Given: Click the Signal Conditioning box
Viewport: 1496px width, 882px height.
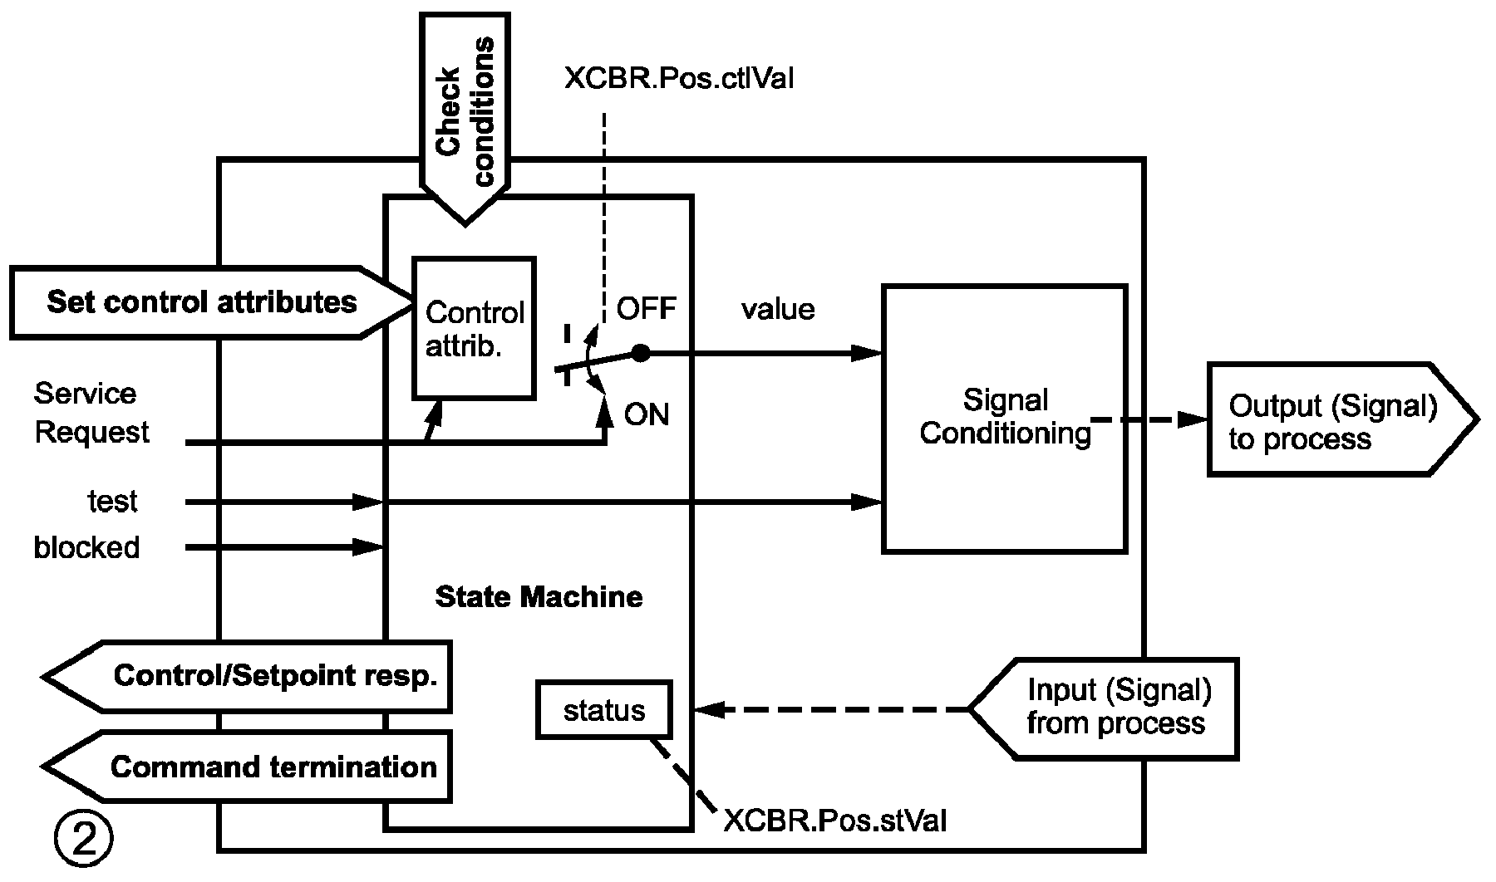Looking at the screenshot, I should [1004, 419].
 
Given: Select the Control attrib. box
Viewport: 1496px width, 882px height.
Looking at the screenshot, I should [475, 328].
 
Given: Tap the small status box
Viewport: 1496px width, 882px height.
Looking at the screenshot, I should [604, 710].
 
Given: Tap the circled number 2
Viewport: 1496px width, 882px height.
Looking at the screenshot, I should [82, 840].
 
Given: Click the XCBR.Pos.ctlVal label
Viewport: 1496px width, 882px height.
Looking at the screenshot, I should [679, 79].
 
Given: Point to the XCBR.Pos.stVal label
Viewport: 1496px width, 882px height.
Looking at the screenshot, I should [834, 821].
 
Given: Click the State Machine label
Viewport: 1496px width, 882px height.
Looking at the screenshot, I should [539, 596].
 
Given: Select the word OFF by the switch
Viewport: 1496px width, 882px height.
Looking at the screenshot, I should [647, 309].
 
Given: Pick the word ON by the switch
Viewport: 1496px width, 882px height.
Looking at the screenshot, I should [647, 414].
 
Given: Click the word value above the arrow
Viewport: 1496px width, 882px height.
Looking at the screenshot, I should [778, 309].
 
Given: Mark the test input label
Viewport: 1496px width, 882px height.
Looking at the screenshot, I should [113, 502].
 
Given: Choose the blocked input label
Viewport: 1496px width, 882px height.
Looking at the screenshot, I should [86, 547].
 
